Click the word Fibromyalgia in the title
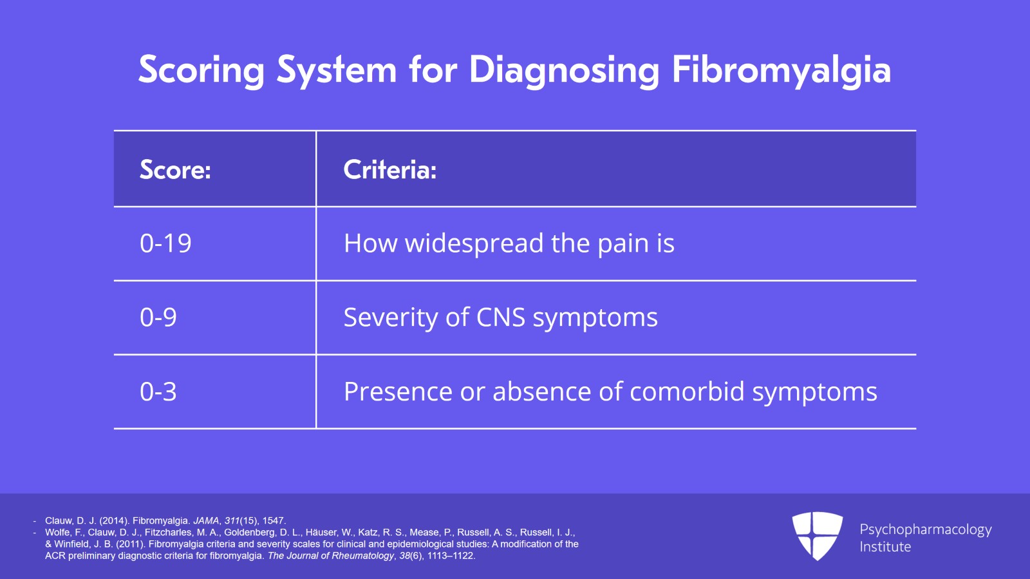click(x=781, y=70)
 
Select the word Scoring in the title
click(x=201, y=70)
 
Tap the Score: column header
click(x=175, y=170)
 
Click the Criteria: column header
click(x=390, y=170)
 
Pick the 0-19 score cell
click(x=165, y=243)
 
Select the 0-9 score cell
click(x=158, y=318)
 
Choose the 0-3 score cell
click(x=158, y=392)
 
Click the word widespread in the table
click(x=474, y=243)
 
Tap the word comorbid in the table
click(x=686, y=392)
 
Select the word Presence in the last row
click(x=398, y=392)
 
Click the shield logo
click(x=817, y=535)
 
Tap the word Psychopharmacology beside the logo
click(x=925, y=529)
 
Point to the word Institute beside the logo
click(x=885, y=547)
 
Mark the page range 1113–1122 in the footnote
click(x=451, y=556)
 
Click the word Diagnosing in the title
click(x=564, y=70)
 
